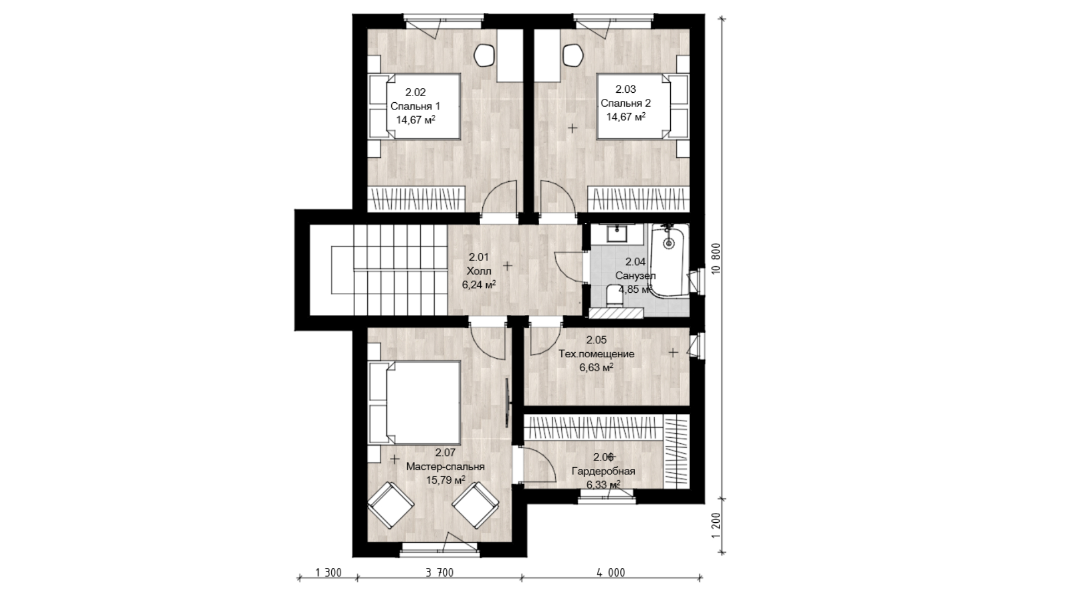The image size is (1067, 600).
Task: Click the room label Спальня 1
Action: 415,106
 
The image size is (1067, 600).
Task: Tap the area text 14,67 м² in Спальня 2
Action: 626,117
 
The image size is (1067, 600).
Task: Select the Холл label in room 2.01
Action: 478,271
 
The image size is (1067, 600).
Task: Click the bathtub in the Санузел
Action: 669,259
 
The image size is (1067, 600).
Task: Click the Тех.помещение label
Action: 596,354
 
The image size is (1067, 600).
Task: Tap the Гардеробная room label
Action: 604,472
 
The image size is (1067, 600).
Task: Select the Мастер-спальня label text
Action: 445,467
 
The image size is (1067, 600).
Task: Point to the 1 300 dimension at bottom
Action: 328,573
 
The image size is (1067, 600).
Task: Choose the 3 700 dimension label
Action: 440,573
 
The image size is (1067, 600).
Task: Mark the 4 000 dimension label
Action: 611,573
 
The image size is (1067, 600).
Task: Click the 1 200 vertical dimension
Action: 716,525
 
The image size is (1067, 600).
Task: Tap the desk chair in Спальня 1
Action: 485,55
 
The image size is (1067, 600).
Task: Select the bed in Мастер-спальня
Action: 415,402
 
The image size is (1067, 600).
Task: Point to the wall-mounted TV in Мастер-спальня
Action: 507,402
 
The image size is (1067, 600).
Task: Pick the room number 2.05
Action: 596,340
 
